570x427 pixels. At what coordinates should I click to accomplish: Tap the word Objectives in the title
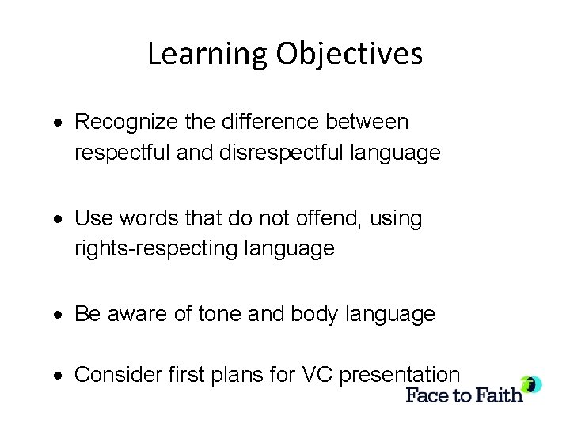[348, 54]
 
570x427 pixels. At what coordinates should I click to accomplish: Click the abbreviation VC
[313, 374]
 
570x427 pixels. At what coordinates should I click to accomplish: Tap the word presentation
[400, 374]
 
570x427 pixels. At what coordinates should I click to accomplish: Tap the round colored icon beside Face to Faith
[531, 385]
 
